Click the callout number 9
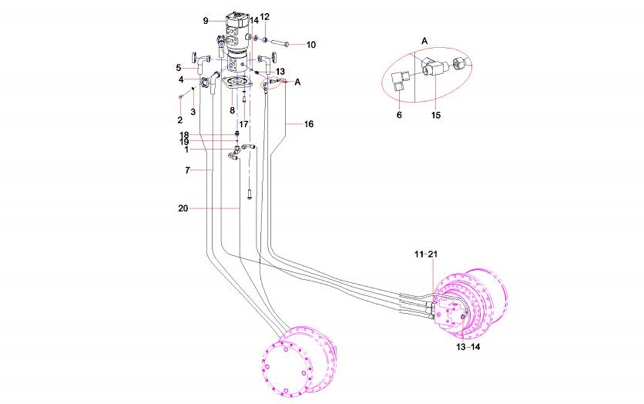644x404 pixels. (x=206, y=20)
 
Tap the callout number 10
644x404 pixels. (x=311, y=44)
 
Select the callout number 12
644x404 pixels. (x=264, y=16)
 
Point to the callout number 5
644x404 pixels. (x=178, y=67)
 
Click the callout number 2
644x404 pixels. (x=180, y=119)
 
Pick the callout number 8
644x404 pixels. (x=232, y=111)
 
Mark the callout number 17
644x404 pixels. (x=244, y=124)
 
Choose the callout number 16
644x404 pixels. (x=308, y=124)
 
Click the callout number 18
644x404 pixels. (x=184, y=134)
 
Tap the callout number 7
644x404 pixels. (x=188, y=170)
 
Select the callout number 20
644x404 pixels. (x=183, y=208)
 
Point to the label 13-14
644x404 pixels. (x=468, y=347)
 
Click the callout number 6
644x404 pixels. (x=399, y=115)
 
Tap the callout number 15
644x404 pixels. (x=437, y=115)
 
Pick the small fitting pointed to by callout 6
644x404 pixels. (x=402, y=81)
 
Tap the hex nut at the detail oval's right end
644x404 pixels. (x=458, y=62)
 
